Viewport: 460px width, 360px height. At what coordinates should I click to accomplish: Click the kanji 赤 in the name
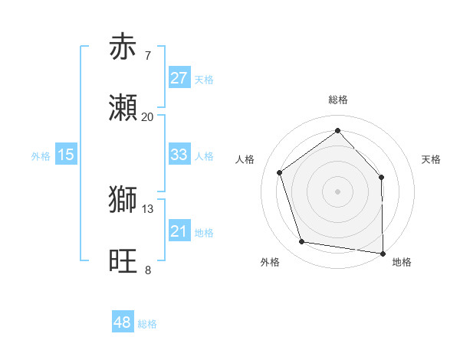point(123,47)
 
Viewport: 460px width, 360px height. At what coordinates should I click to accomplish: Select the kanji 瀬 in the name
point(123,108)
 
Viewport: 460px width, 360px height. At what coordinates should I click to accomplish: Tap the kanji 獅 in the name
point(123,200)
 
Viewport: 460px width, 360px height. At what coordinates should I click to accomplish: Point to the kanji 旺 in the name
point(123,261)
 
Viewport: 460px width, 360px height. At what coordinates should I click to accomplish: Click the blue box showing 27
point(179,78)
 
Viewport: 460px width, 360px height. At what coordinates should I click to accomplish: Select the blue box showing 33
point(179,155)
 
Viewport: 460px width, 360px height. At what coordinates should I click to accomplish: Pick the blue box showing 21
point(179,231)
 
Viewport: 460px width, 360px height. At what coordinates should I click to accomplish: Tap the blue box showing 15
point(66,155)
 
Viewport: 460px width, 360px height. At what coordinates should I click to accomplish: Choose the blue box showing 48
point(122,322)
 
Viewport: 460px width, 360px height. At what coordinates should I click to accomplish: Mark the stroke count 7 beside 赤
point(147,56)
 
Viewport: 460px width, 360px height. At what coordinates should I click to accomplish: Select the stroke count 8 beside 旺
point(147,270)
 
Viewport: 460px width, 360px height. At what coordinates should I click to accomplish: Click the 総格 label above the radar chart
point(338,100)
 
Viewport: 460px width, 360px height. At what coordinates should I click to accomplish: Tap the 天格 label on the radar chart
point(431,159)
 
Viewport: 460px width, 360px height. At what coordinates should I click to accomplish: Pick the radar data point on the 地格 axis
point(383,253)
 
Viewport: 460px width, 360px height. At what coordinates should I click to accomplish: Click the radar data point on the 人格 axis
point(280,172)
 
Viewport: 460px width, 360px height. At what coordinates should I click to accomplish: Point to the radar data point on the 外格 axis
point(302,242)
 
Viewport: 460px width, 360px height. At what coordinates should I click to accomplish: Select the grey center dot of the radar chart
point(338,191)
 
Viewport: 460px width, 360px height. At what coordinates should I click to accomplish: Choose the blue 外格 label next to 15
point(41,155)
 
